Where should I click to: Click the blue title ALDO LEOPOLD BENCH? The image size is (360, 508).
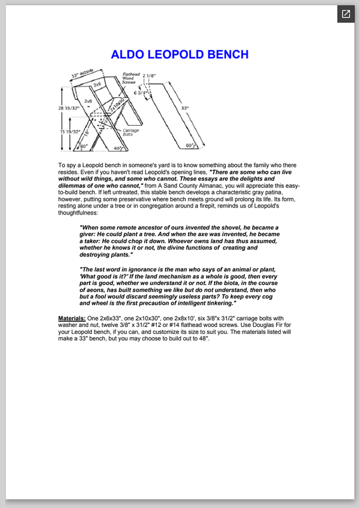(180, 55)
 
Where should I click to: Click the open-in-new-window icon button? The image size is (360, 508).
(346, 14)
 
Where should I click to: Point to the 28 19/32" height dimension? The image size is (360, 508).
(69, 108)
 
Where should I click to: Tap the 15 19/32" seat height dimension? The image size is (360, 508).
(70, 131)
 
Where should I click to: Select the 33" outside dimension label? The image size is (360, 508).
(83, 74)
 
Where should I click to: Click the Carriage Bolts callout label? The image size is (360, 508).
(131, 132)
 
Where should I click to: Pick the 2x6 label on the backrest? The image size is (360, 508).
(97, 84)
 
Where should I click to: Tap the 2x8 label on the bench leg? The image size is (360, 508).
(88, 101)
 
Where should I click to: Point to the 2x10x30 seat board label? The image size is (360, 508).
(117, 105)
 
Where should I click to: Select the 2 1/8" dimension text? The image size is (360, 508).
(149, 76)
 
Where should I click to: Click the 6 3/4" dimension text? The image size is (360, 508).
(140, 93)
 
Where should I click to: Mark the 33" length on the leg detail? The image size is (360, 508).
(185, 108)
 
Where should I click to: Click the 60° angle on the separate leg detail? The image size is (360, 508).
(190, 145)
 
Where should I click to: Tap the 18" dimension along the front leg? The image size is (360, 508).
(86, 133)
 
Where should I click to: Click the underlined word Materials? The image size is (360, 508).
(72, 318)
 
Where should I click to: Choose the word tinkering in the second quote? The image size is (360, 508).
(220, 304)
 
